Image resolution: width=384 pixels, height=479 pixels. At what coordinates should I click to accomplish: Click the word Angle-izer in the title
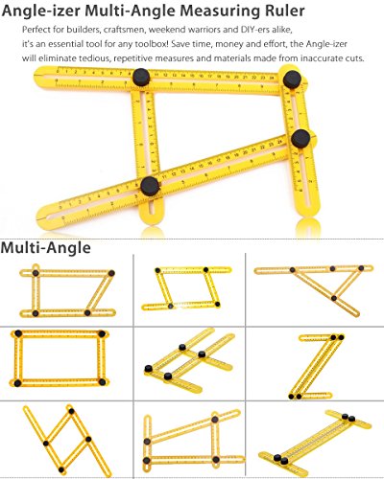click(x=40, y=11)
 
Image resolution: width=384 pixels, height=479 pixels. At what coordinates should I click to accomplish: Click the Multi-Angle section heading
click(x=46, y=248)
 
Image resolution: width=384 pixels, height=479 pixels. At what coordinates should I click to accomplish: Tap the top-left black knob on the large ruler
click(x=141, y=77)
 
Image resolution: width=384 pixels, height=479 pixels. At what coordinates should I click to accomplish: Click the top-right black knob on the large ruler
click(x=292, y=80)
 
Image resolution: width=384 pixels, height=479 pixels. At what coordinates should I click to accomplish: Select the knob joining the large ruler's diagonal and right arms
click(x=300, y=139)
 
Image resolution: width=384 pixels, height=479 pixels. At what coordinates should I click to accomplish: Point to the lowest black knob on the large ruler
click(x=150, y=186)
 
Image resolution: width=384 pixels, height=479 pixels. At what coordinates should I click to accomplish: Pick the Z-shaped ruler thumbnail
click(x=315, y=366)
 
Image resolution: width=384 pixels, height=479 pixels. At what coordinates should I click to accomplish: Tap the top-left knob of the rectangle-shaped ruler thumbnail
click(x=18, y=333)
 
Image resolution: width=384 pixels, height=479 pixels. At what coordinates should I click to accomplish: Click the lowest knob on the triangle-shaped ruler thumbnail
click(x=334, y=298)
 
